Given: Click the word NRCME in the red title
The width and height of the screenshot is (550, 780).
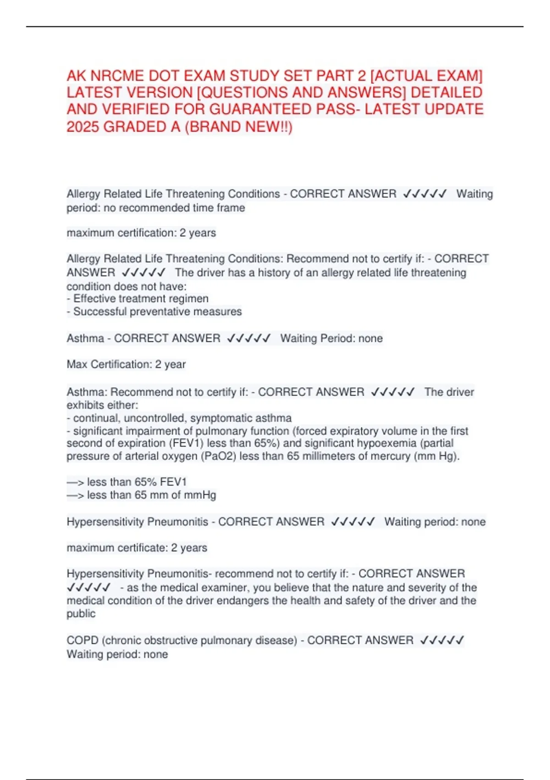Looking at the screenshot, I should click(112, 76).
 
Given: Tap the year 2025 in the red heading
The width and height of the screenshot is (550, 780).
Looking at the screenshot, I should click(83, 127).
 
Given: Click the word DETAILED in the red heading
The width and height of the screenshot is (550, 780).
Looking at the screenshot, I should click(446, 92).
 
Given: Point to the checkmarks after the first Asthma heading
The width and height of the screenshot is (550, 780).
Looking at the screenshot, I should click(249, 339).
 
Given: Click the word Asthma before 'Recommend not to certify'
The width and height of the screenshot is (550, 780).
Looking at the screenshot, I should click(87, 392).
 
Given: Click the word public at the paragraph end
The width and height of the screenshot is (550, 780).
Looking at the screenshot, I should click(81, 613).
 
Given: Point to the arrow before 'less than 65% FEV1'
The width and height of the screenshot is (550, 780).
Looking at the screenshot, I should click(75, 482).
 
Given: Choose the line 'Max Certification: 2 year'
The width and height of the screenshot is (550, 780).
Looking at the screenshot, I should click(126, 364).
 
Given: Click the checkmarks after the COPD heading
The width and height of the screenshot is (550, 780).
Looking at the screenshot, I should click(442, 640).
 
